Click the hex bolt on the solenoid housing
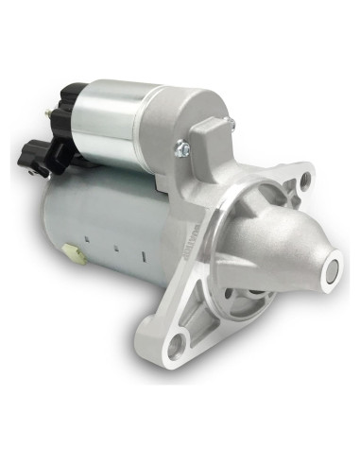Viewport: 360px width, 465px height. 179,146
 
